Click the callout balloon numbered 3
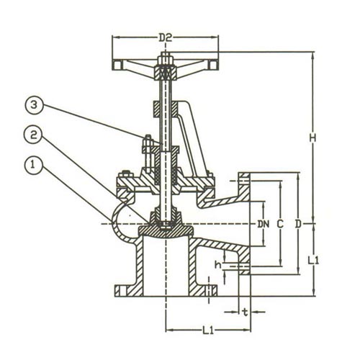pos(34,106)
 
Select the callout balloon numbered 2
pos(33,135)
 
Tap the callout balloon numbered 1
pos(34,165)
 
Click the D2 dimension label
pos(166,37)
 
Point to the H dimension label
pos(312,138)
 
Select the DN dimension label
pos(264,224)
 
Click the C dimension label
pos(280,224)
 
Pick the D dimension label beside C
pos(298,224)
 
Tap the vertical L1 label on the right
pos(313,261)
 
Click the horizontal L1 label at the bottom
pos(208,330)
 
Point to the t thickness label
pos(245,312)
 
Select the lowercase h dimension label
pos(218,265)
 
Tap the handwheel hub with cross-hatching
pos(166,73)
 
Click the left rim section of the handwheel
pos(117,65)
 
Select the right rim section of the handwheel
pos(213,65)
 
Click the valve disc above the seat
pos(166,231)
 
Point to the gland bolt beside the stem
pos(148,153)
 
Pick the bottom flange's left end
pos(117,290)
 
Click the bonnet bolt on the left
pos(125,175)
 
